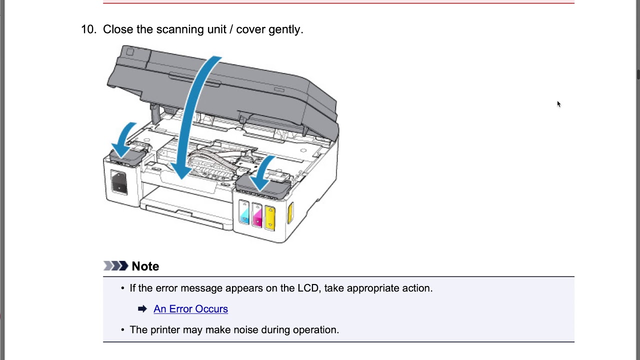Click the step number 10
click(x=88, y=29)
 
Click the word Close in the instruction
click(x=118, y=29)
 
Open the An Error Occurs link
click(x=190, y=309)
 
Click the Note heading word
click(x=145, y=266)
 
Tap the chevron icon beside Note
click(x=115, y=266)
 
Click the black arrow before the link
click(x=142, y=309)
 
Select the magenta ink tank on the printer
click(x=257, y=214)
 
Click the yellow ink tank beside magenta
click(x=270, y=216)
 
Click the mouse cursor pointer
click(x=558, y=104)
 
